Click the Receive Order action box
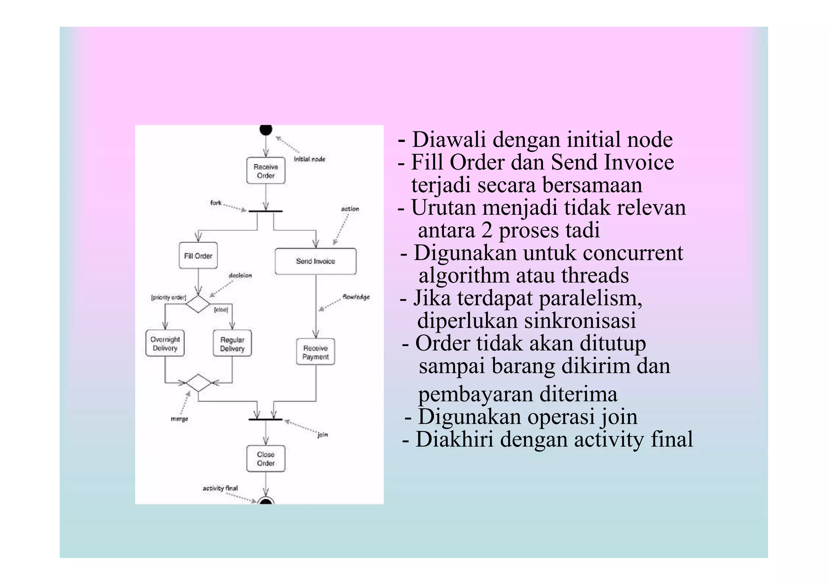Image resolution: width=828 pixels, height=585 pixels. coord(266,171)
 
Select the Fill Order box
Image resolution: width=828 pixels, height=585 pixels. coord(198,256)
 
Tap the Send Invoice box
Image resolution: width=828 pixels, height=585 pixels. coord(315,261)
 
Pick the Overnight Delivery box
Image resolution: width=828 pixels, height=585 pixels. coord(165,344)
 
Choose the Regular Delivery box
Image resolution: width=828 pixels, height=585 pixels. coord(232,344)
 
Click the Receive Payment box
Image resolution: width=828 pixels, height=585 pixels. coord(315,352)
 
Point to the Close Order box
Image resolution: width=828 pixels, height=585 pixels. coord(266,459)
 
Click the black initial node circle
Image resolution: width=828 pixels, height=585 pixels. coord(266,130)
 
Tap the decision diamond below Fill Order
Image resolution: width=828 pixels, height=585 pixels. coord(198,304)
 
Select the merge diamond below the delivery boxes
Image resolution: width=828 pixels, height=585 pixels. coord(198,382)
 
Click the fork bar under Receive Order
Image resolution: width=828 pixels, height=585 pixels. coord(266,211)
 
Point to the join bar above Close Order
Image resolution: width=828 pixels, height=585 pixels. coord(266,420)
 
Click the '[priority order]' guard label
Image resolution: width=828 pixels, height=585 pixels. coord(168,298)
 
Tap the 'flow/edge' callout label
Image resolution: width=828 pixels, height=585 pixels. coord(356,297)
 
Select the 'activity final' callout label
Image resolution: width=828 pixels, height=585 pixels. coord(220,488)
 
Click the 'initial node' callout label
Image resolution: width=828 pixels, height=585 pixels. coord(309,159)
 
